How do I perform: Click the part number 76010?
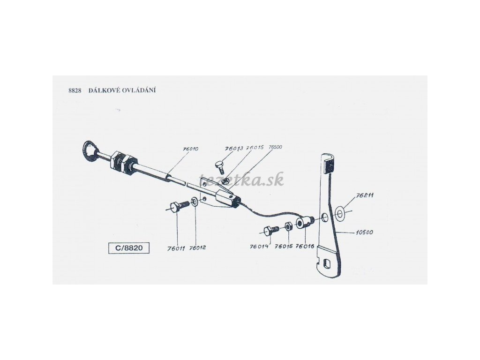coord(191,149)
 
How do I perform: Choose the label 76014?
coord(259,246)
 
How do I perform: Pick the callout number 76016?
coord(305,246)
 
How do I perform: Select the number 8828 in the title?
coord(75,90)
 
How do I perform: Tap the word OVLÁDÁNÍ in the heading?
coord(139,90)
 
